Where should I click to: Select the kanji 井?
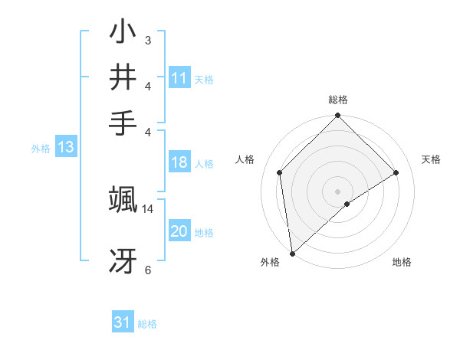tap(123, 77)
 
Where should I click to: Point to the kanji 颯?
tap(123, 199)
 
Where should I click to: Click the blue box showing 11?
tap(179, 78)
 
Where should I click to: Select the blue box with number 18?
tap(179, 162)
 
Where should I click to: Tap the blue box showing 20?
tap(179, 232)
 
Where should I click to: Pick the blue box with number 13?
tap(65, 148)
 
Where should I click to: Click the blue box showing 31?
tap(123, 322)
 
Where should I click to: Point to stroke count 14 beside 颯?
tap(147, 208)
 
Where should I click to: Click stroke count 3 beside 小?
tap(147, 39)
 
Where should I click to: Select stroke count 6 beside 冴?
tap(147, 270)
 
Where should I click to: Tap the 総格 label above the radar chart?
tap(338, 100)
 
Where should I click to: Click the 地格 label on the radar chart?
tap(402, 263)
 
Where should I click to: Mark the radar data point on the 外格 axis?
tap(292, 254)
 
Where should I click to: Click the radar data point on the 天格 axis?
tap(396, 172)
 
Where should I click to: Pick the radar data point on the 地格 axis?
tap(347, 204)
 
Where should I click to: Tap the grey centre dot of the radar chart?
tap(338, 191)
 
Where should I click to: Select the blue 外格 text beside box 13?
tap(41, 149)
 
